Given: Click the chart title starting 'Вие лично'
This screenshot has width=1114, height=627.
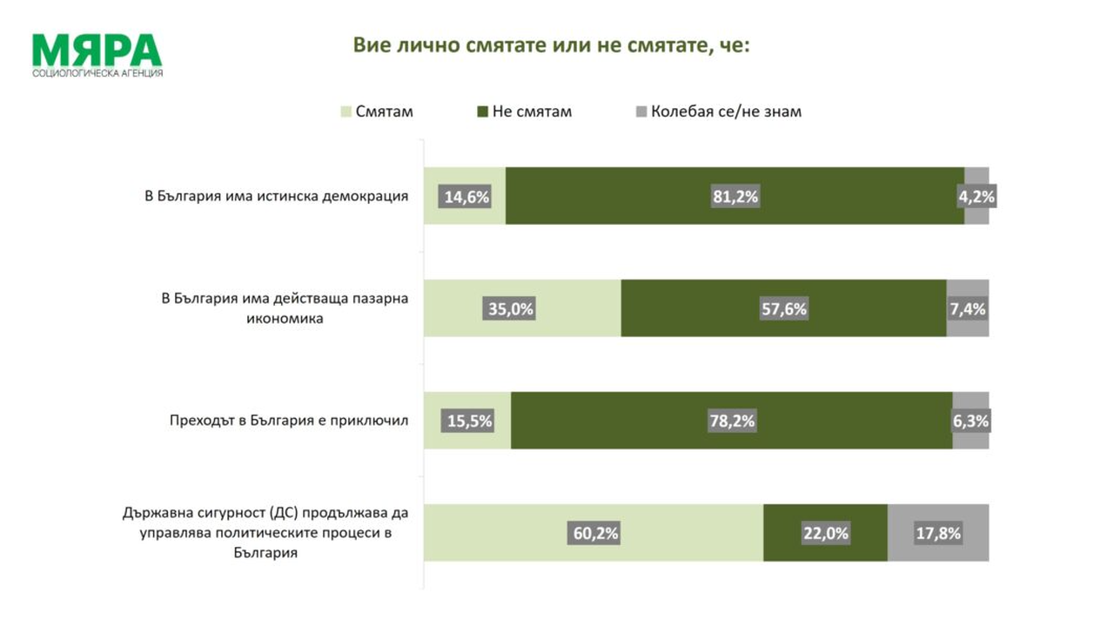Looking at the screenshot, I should coord(551,45).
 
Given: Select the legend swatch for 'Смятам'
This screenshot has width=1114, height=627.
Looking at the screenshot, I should coord(346,111).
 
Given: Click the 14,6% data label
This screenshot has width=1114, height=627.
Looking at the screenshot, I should coord(466,197).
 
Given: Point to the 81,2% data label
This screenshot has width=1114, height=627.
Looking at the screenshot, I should coord(735,197).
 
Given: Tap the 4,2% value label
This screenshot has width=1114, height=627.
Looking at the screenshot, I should coord(976,197).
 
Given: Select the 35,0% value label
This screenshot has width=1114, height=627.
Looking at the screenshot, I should coord(510,309).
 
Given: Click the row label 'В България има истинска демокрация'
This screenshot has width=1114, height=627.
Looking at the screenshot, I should coord(276,196).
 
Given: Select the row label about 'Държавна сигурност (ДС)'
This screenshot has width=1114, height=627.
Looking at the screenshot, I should coord(265,532).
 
